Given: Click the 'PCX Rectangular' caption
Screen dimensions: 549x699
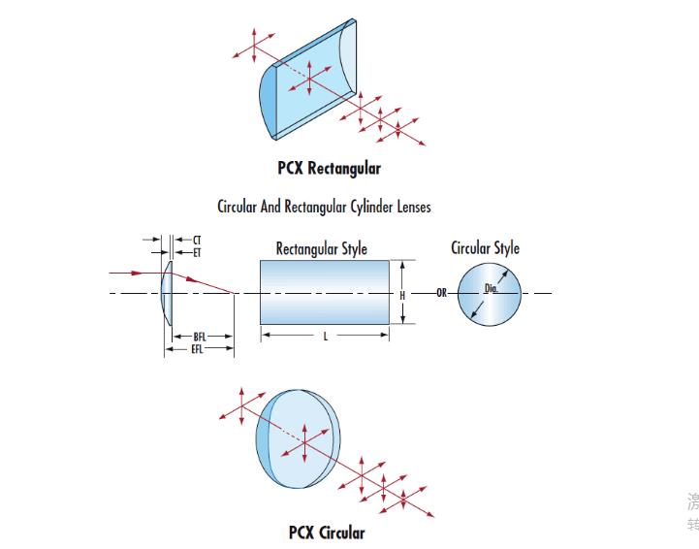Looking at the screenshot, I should click(329, 168).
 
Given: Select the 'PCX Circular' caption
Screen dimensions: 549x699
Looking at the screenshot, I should click(327, 532).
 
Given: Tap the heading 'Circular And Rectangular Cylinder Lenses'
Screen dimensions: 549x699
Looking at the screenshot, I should click(324, 206).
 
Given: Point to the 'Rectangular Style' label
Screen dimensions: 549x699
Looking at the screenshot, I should click(321, 248).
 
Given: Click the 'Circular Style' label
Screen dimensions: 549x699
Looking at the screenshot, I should click(485, 247).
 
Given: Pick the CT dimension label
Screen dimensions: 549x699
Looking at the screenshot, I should click(197, 239).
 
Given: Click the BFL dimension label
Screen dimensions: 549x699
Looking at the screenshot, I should click(200, 336).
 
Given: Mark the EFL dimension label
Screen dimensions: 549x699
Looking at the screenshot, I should click(198, 347).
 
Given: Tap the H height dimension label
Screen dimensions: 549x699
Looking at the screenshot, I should click(401, 293).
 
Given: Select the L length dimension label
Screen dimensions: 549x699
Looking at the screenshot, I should click(325, 336).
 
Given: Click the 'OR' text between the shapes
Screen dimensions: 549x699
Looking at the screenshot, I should click(441, 293).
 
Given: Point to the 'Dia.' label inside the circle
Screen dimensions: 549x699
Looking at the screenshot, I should click(492, 288).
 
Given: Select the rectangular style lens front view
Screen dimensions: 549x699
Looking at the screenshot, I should click(325, 293).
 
